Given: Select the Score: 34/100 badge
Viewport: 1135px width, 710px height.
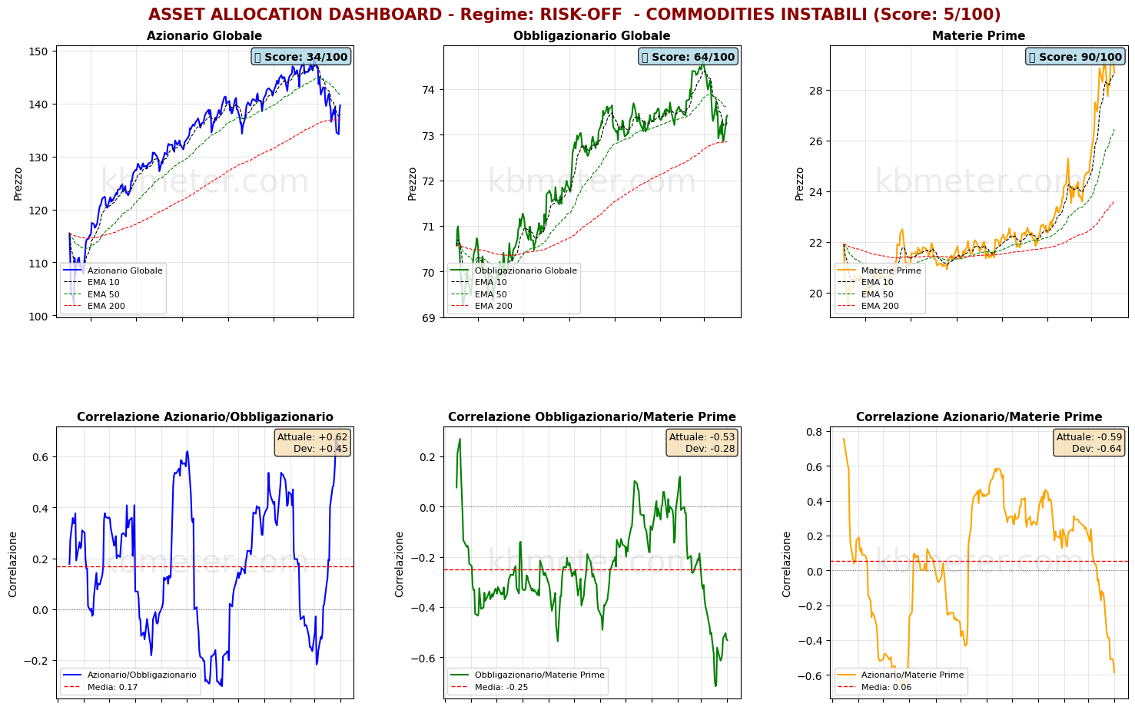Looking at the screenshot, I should click(301, 57).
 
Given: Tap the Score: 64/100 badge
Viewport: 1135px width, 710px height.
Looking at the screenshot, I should click(689, 57).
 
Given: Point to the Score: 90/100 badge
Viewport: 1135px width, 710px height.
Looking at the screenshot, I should click(1075, 57).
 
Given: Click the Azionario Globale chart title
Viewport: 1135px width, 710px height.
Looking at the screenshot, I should click(204, 36).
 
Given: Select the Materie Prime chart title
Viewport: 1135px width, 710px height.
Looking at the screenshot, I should click(978, 36).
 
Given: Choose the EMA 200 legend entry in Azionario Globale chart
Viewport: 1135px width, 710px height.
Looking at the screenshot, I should click(106, 306).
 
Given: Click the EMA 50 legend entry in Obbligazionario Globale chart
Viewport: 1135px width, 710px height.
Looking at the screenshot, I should click(490, 294).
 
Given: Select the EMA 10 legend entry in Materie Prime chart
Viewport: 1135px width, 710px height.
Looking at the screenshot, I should click(878, 282).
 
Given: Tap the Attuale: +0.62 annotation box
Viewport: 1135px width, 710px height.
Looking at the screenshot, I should click(312, 443).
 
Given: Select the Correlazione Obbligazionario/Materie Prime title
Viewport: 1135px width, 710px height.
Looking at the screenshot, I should click(592, 417).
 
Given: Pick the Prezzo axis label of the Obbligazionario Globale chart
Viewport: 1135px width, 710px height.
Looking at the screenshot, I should click(413, 184).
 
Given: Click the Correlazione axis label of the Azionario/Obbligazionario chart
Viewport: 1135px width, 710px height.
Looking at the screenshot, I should click(13, 564).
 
